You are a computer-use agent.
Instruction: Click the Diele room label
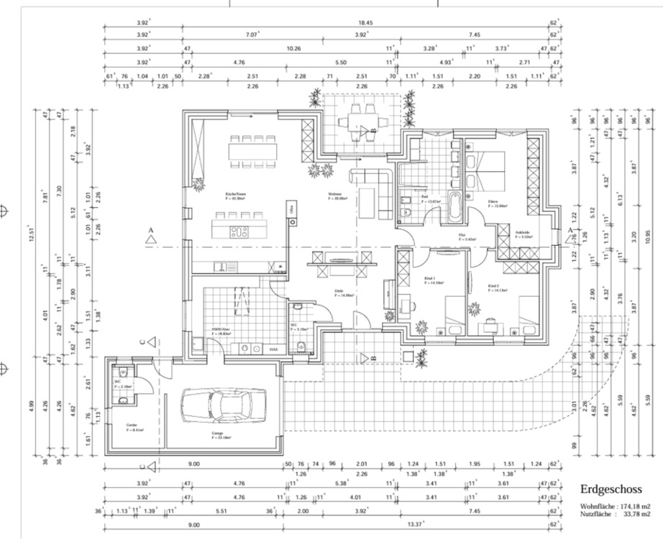pyautogui.click(x=338, y=291)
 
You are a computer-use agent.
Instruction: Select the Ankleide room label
pyautogui.click(x=523, y=233)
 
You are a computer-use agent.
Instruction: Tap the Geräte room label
pyautogui.click(x=132, y=425)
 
